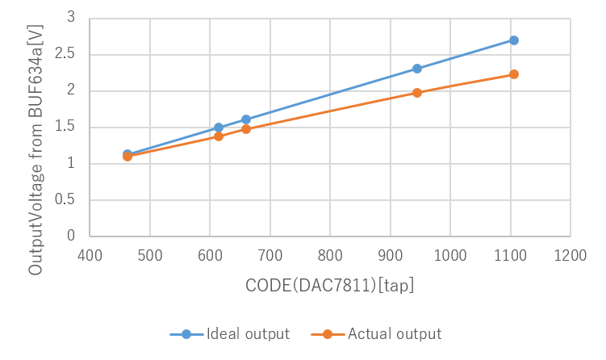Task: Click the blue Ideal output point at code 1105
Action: (513, 40)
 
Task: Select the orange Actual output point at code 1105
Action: (513, 74)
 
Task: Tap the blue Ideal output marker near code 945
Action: (416, 69)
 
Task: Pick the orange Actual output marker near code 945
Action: (416, 93)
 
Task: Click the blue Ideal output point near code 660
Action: (246, 119)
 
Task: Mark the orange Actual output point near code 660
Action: (246, 129)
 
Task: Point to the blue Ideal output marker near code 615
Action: (219, 128)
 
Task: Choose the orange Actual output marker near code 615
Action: (219, 136)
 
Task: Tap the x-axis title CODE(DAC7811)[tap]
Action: (330, 286)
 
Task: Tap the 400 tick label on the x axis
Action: (90, 256)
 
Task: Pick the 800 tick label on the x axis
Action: (330, 256)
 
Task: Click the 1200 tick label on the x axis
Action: (570, 256)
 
